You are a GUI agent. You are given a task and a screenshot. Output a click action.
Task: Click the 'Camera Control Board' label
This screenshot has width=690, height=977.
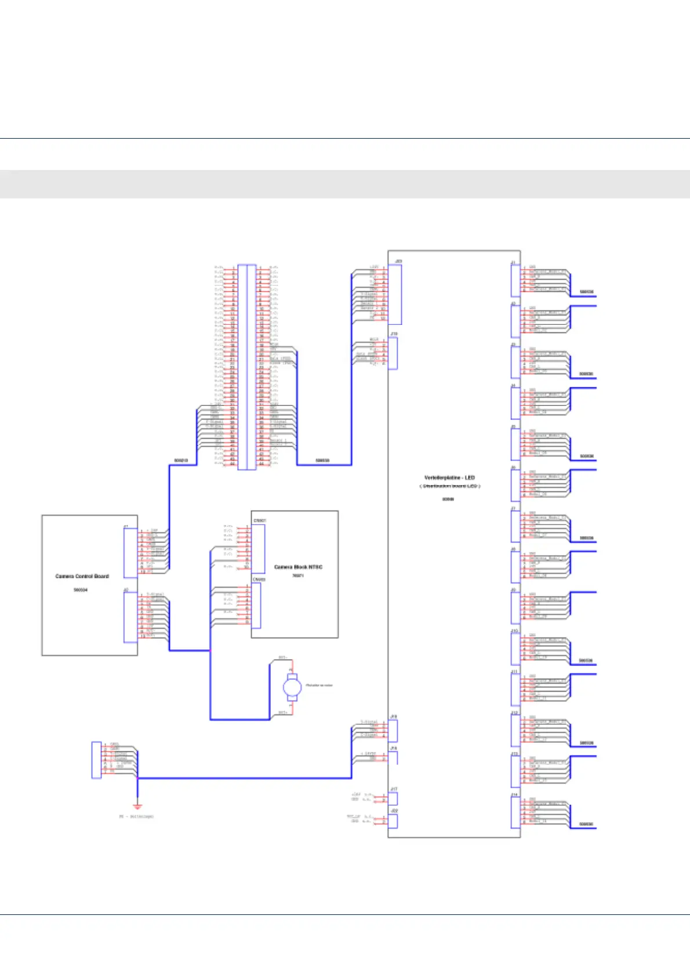pos(82,576)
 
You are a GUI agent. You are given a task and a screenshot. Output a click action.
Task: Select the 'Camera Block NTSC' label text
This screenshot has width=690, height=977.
pos(298,567)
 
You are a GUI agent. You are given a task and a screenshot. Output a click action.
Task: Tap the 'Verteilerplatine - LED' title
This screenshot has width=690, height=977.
pos(449,477)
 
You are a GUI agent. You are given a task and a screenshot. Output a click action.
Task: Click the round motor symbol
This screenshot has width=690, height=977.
pos(292,688)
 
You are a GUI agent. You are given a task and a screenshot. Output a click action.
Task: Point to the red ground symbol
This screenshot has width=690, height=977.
pos(137,806)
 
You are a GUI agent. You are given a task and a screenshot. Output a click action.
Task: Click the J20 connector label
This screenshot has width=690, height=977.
pos(398,262)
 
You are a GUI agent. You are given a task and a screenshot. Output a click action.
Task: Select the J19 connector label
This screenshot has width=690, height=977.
pos(394,334)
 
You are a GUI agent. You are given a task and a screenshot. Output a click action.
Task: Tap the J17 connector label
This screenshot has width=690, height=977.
pos(394,789)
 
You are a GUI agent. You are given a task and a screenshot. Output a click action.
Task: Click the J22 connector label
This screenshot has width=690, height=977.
pos(394,810)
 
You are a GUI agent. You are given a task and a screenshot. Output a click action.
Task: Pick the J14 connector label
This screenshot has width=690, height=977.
pos(514,794)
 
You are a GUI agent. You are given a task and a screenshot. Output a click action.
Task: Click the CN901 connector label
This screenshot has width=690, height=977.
pos(260,520)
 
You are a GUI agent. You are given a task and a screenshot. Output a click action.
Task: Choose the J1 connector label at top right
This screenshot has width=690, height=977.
pos(513,263)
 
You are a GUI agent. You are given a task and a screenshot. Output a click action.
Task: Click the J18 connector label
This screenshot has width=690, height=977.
pos(394,717)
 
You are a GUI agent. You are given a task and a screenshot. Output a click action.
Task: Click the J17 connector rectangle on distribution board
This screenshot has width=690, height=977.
pos(393,798)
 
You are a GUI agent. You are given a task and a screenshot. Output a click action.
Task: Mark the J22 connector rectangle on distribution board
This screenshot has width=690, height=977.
pos(393,820)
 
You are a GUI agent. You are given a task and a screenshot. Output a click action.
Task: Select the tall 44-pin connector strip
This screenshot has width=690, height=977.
pos(247,367)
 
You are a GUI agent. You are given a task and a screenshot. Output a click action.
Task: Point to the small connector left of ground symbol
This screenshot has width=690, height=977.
pos(96,759)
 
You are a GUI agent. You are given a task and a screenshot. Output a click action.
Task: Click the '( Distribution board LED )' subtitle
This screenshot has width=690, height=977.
pos(449,486)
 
